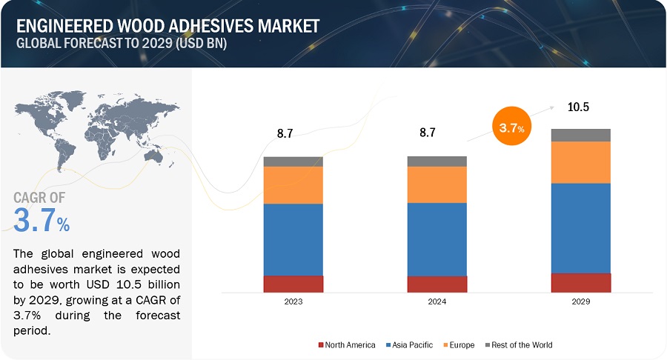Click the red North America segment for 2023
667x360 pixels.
[293, 284]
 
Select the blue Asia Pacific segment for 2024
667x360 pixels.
[437, 239]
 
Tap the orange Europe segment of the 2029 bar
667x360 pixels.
[580, 162]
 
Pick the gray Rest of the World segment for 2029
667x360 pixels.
[580, 135]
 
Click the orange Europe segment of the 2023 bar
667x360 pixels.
[293, 185]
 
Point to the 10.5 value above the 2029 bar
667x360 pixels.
[578, 107]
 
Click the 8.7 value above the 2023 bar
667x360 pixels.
[285, 134]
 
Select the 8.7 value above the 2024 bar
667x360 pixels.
[427, 133]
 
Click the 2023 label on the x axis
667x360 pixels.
[293, 302]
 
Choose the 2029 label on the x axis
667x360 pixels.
[580, 302]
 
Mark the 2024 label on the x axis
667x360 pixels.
[437, 302]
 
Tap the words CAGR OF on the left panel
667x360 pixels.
[39, 197]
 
